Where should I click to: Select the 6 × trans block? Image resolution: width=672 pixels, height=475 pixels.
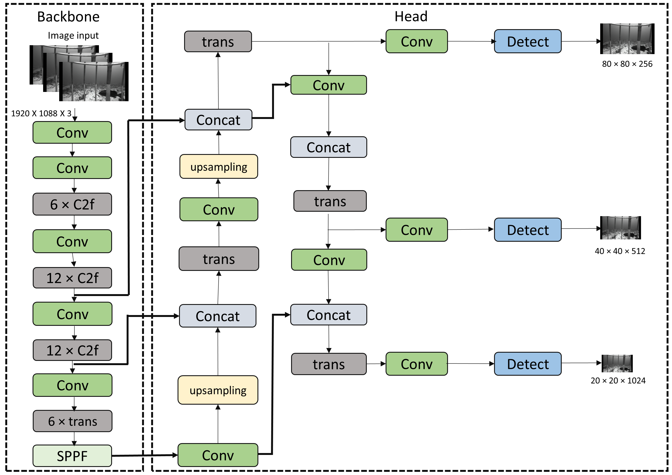pos(72,421)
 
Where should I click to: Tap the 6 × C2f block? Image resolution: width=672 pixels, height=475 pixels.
pos(72,204)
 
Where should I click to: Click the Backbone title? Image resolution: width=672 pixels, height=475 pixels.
pos(68,17)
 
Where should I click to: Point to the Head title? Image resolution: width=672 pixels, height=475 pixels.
pos(411,16)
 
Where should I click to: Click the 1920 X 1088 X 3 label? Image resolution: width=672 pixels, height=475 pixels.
pos(41,113)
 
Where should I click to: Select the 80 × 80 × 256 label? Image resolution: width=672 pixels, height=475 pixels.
pos(627,64)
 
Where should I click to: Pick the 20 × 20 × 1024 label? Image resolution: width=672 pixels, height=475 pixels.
pos(618,381)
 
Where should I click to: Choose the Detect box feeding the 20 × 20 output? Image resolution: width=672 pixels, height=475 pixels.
pos(527,364)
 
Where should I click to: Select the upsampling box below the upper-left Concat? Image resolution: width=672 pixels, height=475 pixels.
pos(219,167)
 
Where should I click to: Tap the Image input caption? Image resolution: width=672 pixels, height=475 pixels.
pos(73,35)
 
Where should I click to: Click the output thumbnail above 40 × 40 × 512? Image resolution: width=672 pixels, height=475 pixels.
pos(620,228)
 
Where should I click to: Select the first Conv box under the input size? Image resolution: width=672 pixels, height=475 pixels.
pos(72,132)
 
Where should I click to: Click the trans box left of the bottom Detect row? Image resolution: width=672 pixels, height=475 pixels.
pos(329,364)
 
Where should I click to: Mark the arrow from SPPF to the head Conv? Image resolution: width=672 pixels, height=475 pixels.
pos(145,455)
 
